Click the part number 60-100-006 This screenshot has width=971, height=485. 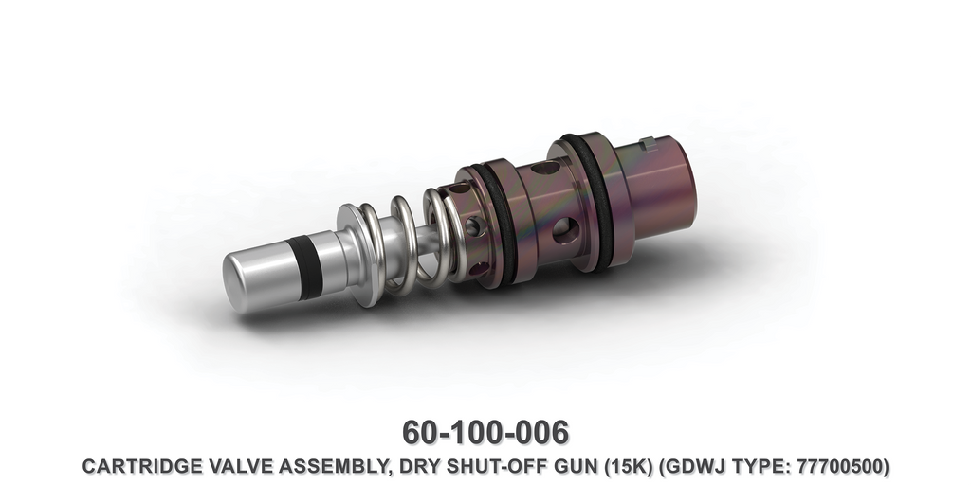(485, 432)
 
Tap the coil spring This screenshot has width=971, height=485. (408, 242)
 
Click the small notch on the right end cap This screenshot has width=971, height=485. (648, 143)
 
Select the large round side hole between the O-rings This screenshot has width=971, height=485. (563, 228)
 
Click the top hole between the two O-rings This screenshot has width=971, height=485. (545, 169)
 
